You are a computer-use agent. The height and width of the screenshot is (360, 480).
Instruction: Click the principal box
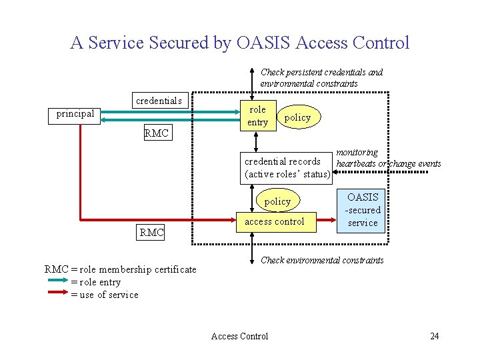click(75, 114)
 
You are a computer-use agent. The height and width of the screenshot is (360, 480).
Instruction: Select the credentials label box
click(159, 101)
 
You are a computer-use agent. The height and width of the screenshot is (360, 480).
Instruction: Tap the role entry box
click(257, 116)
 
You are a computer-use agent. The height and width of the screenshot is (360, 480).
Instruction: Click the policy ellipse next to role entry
click(297, 117)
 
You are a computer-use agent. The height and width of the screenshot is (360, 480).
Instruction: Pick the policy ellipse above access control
click(277, 201)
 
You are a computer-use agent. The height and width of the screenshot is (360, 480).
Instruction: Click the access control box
click(275, 221)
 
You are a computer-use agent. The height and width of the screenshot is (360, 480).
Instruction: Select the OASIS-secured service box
click(363, 210)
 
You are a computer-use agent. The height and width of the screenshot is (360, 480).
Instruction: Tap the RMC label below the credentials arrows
click(157, 133)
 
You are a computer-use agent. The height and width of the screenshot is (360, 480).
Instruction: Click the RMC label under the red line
click(151, 233)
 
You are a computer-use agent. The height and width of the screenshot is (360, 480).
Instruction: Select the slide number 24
click(434, 336)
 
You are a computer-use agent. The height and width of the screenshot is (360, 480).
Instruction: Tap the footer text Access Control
click(239, 336)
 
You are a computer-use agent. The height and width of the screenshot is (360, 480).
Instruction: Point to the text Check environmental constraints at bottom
click(322, 260)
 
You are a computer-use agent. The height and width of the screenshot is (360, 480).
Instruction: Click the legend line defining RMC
click(121, 269)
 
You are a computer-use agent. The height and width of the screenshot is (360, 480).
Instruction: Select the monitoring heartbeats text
click(388, 158)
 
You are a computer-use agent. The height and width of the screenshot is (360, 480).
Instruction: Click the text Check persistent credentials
click(321, 72)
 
